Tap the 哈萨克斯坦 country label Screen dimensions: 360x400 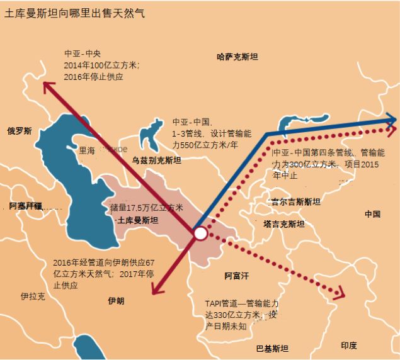(237, 57)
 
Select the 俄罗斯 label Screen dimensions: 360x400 (20, 131)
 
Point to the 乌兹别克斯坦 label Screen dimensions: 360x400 (156, 161)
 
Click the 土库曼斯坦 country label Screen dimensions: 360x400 (138, 221)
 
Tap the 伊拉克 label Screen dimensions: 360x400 (32, 296)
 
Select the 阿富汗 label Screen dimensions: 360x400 (237, 276)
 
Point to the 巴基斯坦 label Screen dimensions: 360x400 (272, 349)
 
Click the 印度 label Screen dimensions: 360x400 (349, 346)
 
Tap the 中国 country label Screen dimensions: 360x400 (372, 214)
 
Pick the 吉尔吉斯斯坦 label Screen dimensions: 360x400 (295, 202)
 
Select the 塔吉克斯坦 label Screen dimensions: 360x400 (284, 224)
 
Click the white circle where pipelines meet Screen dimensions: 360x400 (200, 233)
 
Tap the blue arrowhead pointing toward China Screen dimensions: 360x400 (391, 120)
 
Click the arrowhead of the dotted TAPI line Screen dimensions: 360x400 (341, 292)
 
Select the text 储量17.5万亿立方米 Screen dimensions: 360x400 (147, 208)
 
